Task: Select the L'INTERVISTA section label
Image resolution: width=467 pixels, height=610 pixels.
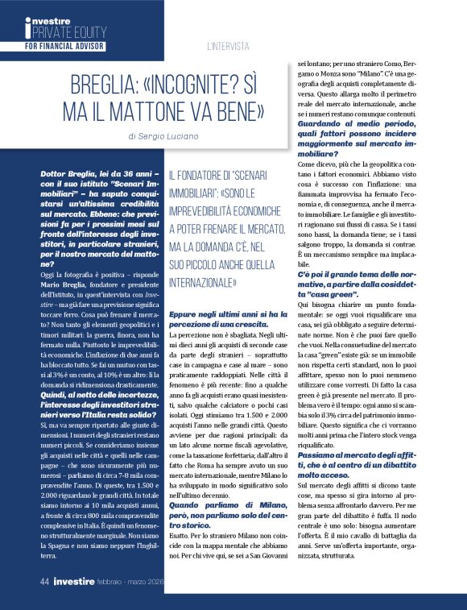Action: click(x=229, y=46)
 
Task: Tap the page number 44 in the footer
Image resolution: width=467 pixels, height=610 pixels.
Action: click(x=47, y=580)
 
